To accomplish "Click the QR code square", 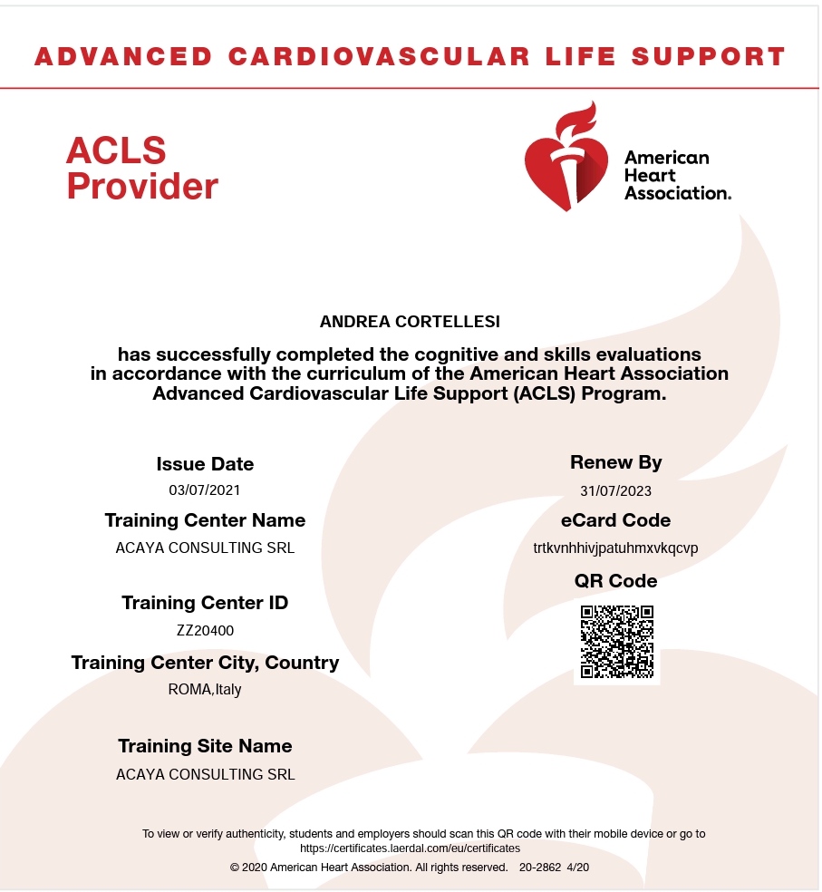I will [616, 641].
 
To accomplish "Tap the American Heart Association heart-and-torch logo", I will [566, 160].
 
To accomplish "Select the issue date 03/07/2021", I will [205, 490].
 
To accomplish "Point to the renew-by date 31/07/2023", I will [615, 491].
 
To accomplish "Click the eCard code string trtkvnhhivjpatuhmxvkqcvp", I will [615, 548].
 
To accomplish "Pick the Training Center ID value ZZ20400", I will [205, 630].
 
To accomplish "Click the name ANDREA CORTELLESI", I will [410, 322].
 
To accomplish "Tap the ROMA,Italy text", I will [205, 689].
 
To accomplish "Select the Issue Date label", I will [205, 464].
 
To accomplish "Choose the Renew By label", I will [615, 462].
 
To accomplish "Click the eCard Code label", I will [615, 520].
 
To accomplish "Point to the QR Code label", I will [615, 581].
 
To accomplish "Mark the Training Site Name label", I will [205, 746].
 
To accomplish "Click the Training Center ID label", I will [205, 603].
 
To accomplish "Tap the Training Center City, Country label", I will [205, 663].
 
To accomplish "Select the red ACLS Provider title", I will [141, 168].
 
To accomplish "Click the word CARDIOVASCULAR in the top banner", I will [379, 56].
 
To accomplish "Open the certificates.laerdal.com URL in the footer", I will [410, 848].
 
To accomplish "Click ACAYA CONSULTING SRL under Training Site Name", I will [205, 774].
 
